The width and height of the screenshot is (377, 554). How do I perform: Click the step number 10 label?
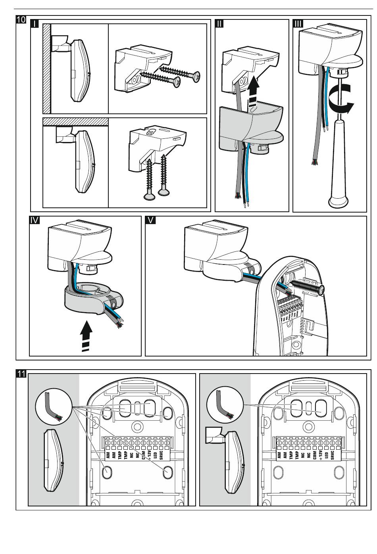point(21,20)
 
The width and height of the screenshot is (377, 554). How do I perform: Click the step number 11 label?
point(21,374)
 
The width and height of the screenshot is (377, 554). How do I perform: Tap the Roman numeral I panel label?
point(35,24)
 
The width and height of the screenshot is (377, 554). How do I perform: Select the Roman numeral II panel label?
point(219,24)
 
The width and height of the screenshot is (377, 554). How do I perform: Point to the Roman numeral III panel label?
point(298,24)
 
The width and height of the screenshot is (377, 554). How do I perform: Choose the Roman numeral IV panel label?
point(35,220)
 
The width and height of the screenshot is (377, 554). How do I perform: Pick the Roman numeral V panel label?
point(151,220)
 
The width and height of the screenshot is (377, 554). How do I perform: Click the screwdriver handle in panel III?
point(338,167)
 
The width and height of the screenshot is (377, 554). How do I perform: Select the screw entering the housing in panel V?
point(308,287)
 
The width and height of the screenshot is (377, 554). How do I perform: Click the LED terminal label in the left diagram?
point(155,455)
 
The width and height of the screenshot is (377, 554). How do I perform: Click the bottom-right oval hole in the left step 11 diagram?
point(167,472)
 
